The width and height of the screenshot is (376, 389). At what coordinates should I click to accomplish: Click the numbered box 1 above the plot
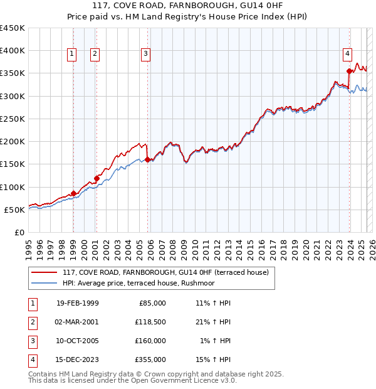tap(73, 55)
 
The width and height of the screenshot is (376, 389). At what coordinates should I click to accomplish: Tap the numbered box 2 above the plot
tap(95, 55)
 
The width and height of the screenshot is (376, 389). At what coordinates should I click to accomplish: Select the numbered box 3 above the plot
tap(145, 55)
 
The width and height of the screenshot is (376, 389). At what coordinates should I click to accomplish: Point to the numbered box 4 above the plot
tap(347, 55)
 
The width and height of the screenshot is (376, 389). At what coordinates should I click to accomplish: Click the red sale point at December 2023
tap(349, 71)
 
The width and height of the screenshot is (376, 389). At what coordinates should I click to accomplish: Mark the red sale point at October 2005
tap(147, 159)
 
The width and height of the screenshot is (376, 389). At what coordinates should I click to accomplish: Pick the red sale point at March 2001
tap(97, 178)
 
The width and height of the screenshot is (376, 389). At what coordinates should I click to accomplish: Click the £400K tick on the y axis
tap(13, 51)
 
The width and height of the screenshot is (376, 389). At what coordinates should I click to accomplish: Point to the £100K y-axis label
tap(13, 187)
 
